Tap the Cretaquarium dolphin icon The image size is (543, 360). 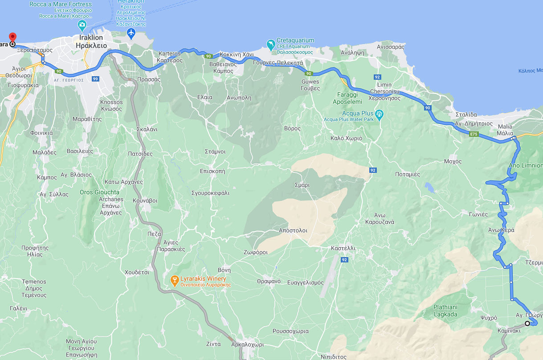pos(270,44)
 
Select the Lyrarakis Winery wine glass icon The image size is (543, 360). pos(175,280)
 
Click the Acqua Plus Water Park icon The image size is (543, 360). pos(379,115)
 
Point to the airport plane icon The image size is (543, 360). pos(131,33)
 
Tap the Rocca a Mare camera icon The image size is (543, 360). pos(82,25)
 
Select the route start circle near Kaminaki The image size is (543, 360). pos(527,323)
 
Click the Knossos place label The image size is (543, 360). pos(111,105)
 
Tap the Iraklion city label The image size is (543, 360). pos(91,41)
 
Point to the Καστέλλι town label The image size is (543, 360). pos(343,247)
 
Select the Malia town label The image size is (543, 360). pos(505,130)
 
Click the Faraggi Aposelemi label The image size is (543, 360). pos(347,98)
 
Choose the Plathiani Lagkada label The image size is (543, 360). pos(445,310)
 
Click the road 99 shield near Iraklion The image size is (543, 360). pos(94,79)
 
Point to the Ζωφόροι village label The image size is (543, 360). pos(256,252)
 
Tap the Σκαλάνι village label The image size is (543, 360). pos(147,130)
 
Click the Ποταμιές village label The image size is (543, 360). pos(408,174)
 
